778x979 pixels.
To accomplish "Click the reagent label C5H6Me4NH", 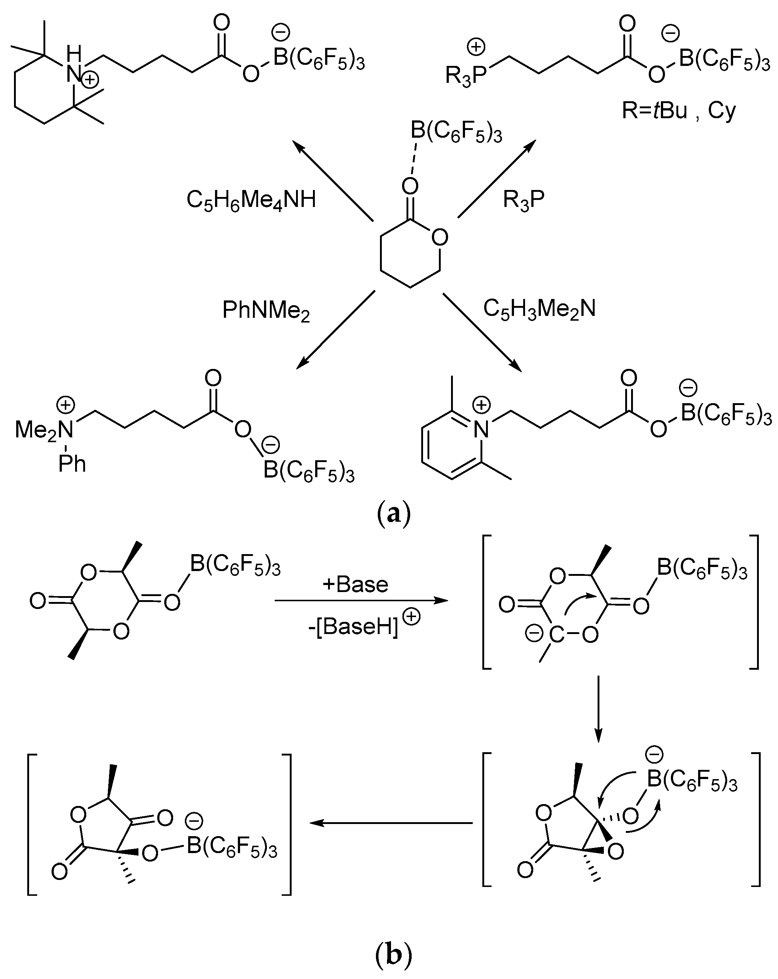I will tap(251, 200).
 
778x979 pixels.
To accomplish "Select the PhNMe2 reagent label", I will tap(266, 311).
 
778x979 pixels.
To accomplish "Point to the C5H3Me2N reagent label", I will tap(539, 309).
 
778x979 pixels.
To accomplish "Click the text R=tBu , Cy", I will tap(679, 111).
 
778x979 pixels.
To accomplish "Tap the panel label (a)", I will tap(393, 514).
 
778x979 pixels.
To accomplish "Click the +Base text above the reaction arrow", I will tap(356, 584).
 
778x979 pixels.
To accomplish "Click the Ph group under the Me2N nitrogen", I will tap(72, 464).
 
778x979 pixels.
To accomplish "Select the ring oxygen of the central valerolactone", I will tap(440, 237).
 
